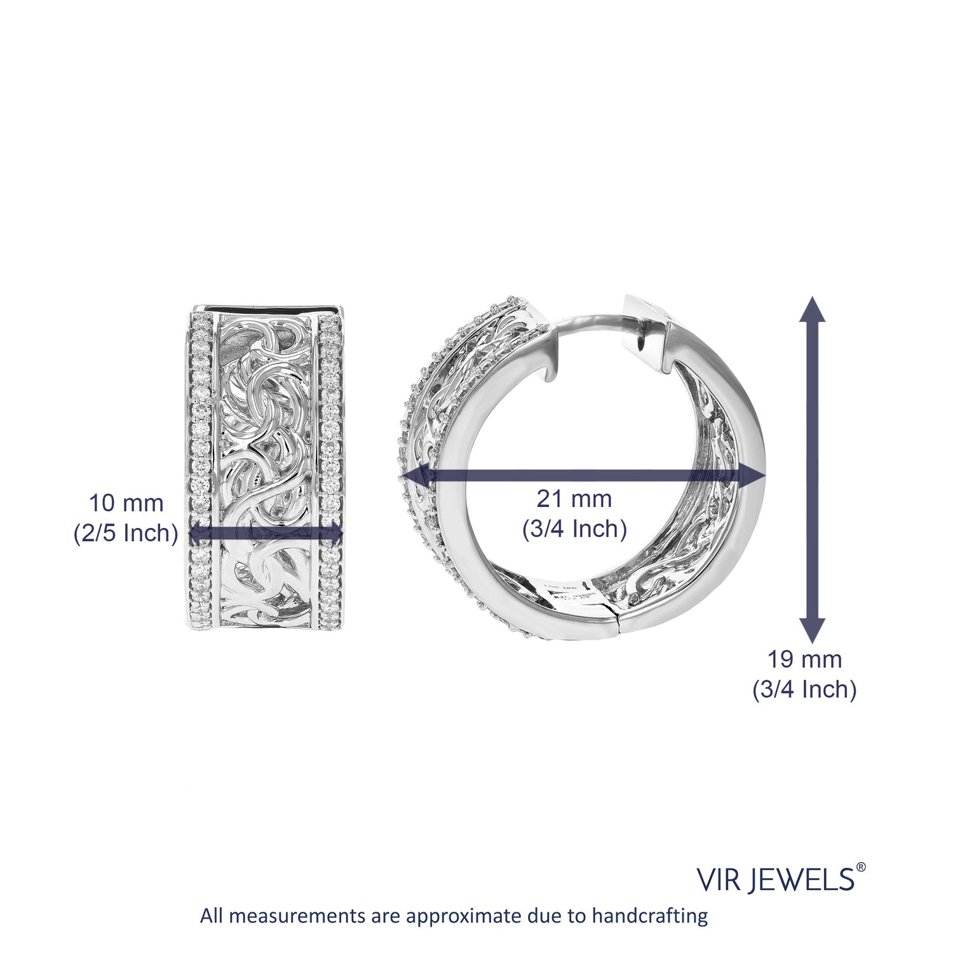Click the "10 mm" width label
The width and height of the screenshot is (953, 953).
point(126,503)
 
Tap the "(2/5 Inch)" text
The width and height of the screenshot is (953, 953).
point(126,533)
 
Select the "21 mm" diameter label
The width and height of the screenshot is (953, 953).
point(574,499)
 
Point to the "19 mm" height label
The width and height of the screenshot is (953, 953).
point(805,659)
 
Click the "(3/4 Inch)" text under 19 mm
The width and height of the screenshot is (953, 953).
point(805,689)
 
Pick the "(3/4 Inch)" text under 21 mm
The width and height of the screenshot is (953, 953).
point(574,529)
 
